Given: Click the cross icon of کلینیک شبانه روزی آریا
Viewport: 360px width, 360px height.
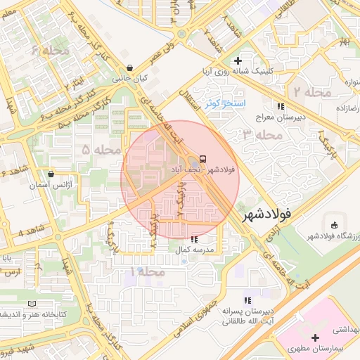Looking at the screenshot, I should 238,60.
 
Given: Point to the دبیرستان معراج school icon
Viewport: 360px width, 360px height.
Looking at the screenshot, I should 281,106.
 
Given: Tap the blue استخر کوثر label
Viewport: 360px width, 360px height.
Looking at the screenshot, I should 224,103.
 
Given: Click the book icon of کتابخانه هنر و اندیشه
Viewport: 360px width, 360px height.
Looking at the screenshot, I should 32,303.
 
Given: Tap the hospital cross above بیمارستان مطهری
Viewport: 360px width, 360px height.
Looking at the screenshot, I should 316,337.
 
